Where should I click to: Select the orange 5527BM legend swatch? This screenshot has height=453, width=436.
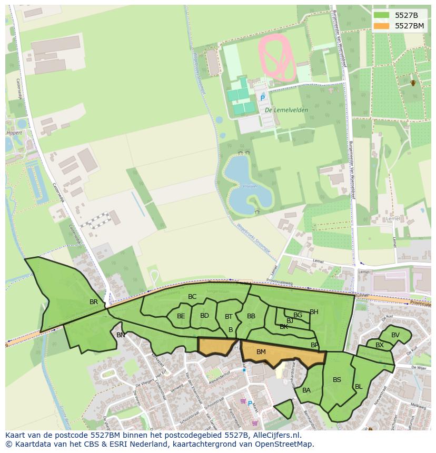tap(382, 26)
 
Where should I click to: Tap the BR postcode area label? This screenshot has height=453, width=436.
tap(94, 302)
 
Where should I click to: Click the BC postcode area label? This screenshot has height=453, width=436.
tap(192, 297)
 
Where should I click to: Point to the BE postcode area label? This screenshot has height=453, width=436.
tap(181, 316)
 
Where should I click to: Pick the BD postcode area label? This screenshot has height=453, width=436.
tap(205, 316)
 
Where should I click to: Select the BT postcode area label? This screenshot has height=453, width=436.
tap(229, 317)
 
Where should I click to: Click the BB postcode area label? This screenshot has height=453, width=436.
tap(251, 316)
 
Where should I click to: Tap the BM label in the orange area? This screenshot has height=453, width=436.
tap(261, 351)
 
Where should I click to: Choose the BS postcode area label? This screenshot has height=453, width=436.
tap(337, 380)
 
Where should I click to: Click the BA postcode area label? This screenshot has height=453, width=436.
tap(306, 390)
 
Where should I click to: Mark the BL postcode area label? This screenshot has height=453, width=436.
tap(359, 387)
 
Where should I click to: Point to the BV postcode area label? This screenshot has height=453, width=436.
tap(395, 335)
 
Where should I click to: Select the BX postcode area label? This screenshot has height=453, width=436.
tap(380, 345)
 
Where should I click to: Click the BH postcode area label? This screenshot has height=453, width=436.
tap(314, 312)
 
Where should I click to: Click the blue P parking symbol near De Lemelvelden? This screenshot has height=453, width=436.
tap(262, 98)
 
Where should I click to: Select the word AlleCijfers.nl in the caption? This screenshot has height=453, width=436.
tap(276, 435)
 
